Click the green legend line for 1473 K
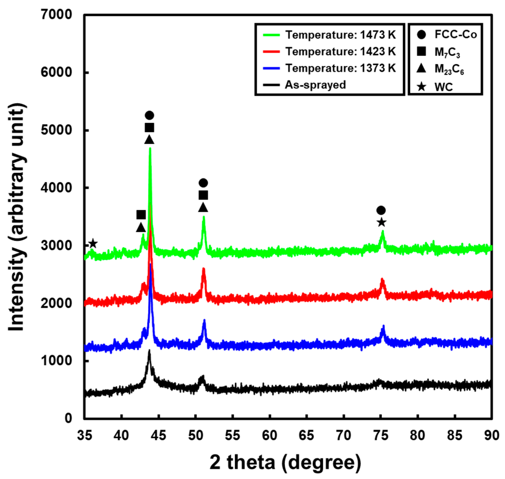(x=271, y=35)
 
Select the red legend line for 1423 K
(x=271, y=52)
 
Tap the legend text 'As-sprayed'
(x=315, y=85)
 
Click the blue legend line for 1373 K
(x=271, y=68)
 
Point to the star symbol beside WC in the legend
(x=421, y=87)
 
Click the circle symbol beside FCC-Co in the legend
(x=421, y=35)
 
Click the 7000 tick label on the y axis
(x=56, y=14)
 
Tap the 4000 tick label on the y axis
(x=56, y=187)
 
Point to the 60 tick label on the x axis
(x=270, y=435)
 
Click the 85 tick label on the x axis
(x=455, y=435)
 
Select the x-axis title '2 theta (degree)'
(x=285, y=462)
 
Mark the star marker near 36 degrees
(x=93, y=243)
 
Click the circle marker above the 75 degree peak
(x=381, y=210)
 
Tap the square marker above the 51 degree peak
(x=203, y=195)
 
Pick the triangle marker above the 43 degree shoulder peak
(x=141, y=227)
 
